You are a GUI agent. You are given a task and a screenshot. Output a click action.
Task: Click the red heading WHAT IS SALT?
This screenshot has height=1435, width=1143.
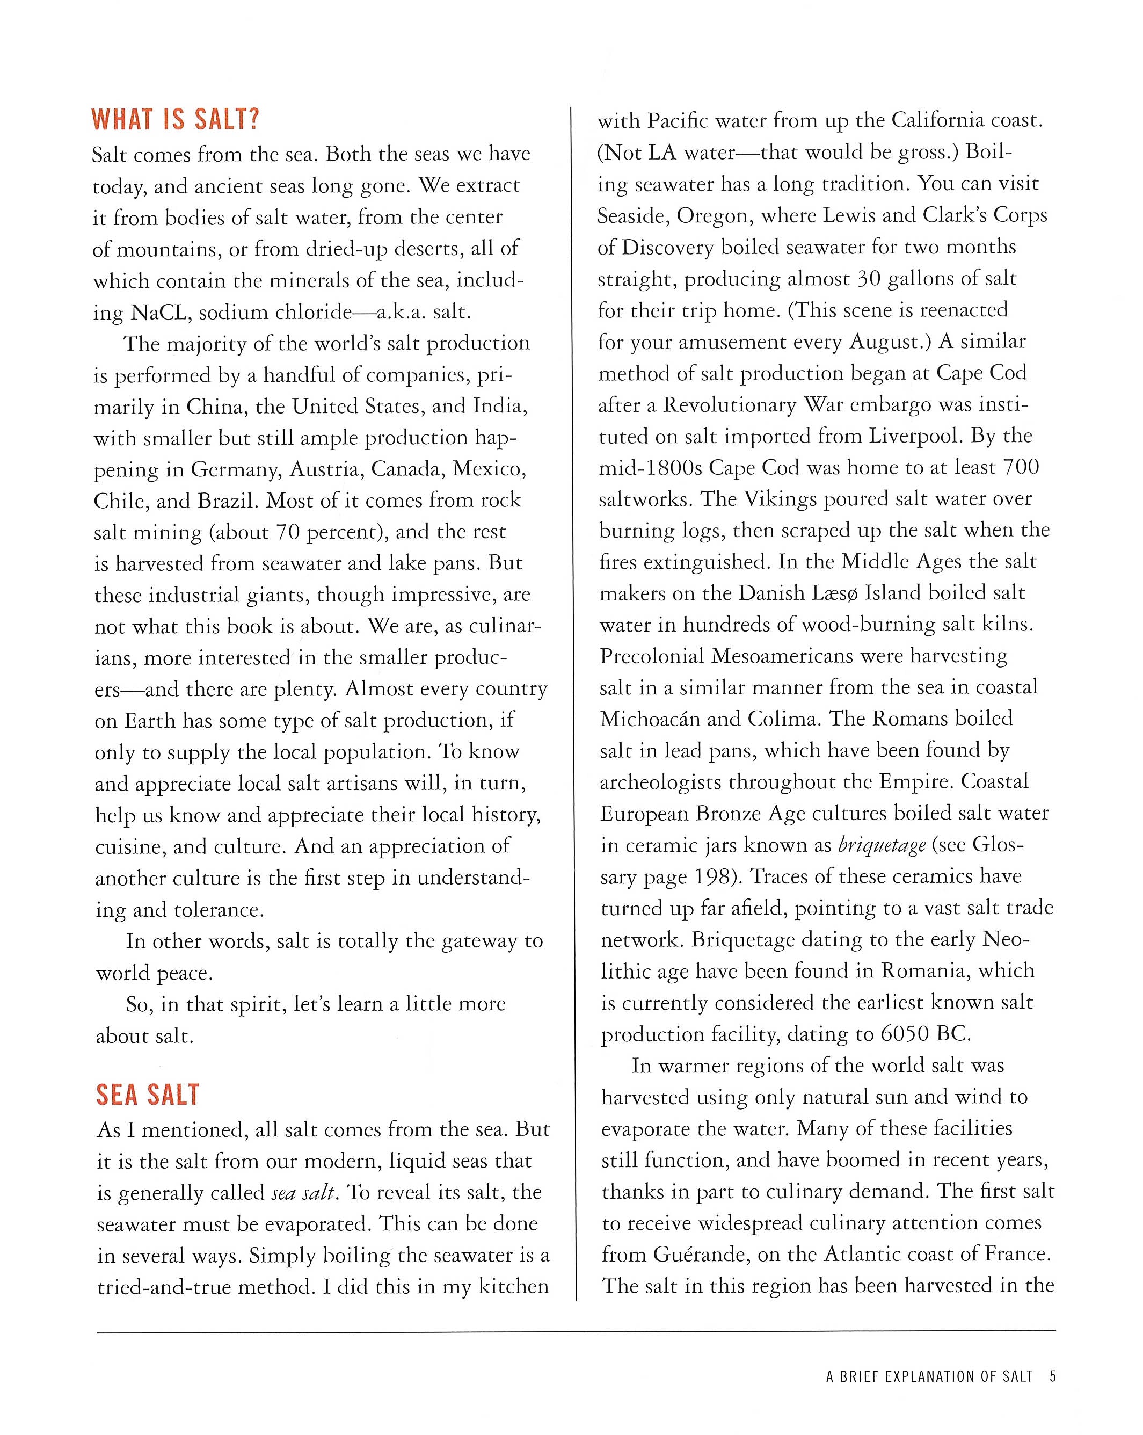point(175,120)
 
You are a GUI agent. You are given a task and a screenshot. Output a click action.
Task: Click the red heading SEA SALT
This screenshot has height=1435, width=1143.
point(148,1095)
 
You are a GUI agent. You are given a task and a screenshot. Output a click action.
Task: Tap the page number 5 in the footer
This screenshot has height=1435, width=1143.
point(1052,1376)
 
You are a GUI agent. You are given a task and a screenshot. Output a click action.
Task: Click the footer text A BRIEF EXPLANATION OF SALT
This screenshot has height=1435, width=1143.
point(929,1376)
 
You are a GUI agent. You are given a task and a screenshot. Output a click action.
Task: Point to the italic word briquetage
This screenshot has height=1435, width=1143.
point(882,845)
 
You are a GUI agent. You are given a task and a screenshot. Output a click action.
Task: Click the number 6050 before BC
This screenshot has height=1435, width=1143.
point(905,1034)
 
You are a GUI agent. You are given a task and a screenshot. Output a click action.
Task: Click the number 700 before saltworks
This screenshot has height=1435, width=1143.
point(1021,467)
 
